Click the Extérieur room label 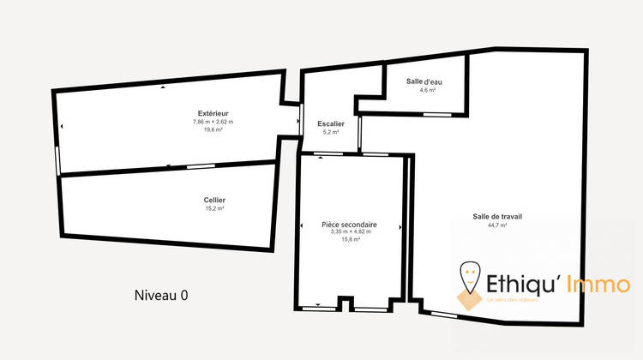click(x=213, y=113)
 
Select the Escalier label click(x=330, y=123)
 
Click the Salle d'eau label click(x=424, y=81)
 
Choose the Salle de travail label click(x=497, y=216)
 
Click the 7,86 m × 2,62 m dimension click(x=213, y=122)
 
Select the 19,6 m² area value click(x=213, y=129)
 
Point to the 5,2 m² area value click(x=330, y=132)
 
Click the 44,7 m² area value click(x=497, y=225)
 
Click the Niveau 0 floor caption click(x=161, y=295)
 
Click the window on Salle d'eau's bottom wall click(x=436, y=114)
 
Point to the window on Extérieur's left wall click(x=57, y=159)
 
